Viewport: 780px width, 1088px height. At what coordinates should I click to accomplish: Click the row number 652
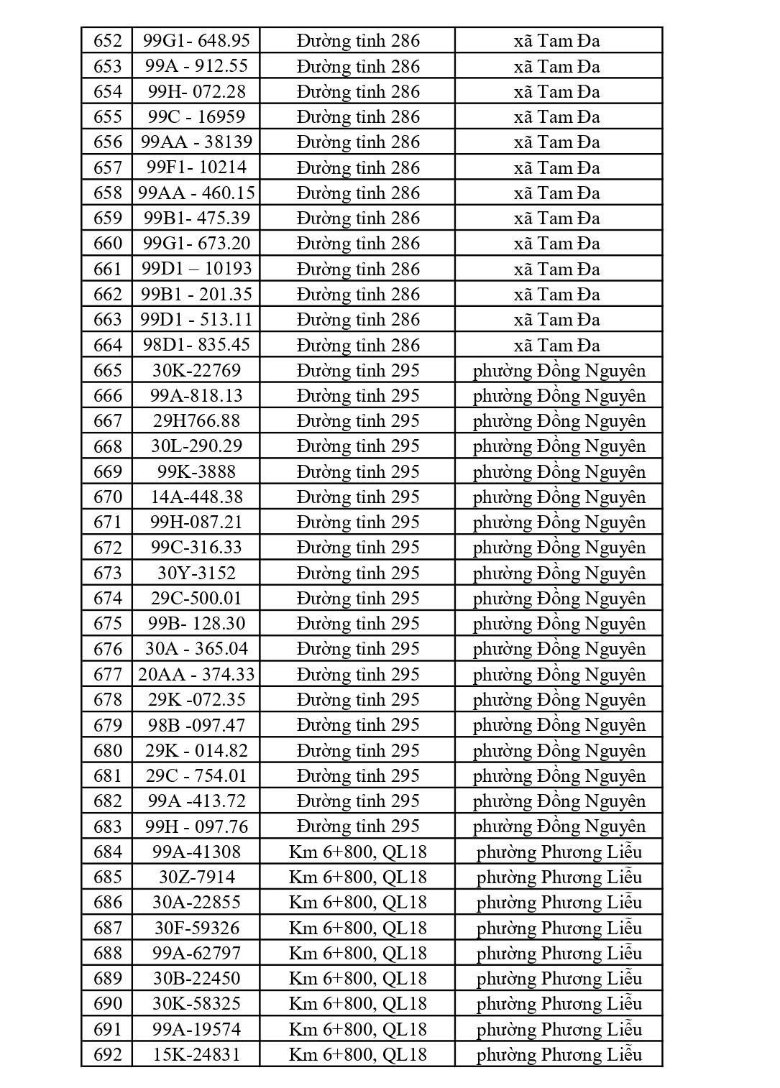(108, 41)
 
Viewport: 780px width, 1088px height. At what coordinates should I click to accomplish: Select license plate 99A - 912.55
(196, 66)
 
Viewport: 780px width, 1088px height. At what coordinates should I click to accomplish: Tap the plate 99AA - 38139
(196, 142)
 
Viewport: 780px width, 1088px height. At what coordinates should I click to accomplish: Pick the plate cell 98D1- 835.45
(196, 345)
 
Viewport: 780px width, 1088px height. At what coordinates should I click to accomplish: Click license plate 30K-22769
(196, 370)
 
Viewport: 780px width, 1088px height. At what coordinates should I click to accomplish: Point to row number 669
(108, 471)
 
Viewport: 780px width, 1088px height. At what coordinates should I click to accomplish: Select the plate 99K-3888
(196, 471)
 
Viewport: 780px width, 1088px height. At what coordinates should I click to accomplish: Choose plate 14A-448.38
(196, 497)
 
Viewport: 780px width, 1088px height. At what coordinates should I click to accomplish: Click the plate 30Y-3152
(196, 573)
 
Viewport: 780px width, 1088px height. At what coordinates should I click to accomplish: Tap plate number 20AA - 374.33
(196, 674)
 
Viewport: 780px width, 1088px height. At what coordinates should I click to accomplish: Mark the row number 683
(108, 826)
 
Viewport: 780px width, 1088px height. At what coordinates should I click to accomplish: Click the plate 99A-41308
(196, 852)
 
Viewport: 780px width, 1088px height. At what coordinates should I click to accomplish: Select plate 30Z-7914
(196, 877)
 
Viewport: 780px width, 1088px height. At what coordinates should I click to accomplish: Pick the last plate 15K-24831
(196, 1054)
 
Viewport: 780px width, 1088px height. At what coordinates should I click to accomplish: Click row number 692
(108, 1054)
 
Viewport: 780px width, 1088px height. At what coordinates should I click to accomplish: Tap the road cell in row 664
(357, 345)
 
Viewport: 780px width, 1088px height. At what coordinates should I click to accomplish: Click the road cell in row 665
(357, 370)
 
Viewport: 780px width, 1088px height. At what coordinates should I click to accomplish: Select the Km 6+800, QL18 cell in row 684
(357, 852)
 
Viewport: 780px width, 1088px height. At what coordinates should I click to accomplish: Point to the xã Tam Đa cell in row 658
(557, 193)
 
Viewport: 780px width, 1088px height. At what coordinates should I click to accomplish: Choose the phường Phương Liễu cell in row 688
(559, 953)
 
